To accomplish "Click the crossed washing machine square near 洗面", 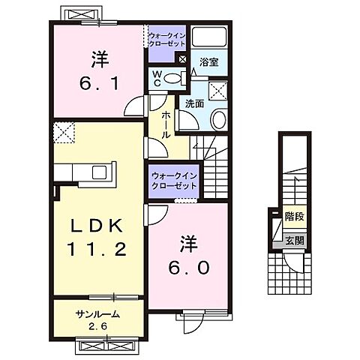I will (220, 91).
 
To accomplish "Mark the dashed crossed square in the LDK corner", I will (64, 133).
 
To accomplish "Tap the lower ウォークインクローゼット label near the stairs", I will (173, 179).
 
